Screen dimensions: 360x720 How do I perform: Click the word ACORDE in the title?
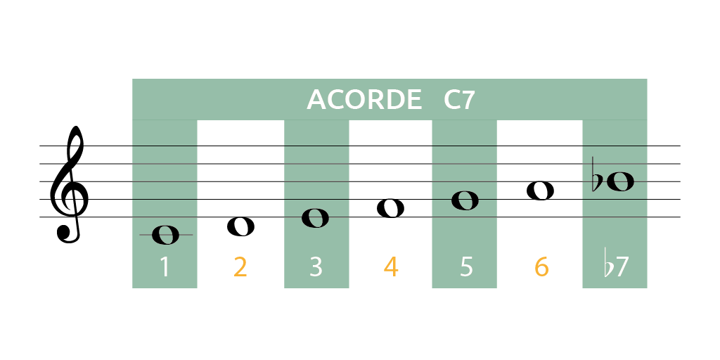point(364,100)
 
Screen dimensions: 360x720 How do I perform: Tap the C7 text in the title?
point(459,100)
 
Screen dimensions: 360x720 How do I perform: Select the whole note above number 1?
point(165,235)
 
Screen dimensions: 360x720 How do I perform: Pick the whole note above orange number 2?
point(240,226)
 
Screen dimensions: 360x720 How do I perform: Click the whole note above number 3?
point(315,218)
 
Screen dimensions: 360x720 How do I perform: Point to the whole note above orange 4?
point(390,208)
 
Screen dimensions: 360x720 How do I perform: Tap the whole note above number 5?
point(465,200)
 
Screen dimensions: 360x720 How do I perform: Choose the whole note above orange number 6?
point(540,191)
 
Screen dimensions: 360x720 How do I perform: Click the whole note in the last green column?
point(620,182)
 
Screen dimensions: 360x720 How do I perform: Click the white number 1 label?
point(165,267)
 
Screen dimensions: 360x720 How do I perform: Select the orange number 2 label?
point(240,267)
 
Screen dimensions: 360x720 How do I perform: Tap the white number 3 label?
point(316,267)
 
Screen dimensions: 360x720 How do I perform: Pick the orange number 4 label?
point(391,267)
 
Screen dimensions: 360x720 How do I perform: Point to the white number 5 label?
point(466,267)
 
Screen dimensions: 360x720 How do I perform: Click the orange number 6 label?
point(541,267)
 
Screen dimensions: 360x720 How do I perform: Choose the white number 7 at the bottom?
point(622,267)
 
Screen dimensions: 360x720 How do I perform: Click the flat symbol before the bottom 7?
point(607,264)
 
